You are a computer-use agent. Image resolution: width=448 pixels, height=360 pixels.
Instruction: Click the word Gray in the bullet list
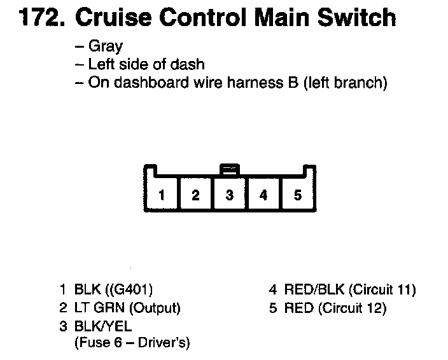pos(106,47)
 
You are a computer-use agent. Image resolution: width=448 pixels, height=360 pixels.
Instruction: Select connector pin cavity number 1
pos(162,195)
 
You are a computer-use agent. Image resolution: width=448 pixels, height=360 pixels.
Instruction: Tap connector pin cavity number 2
pos(196,195)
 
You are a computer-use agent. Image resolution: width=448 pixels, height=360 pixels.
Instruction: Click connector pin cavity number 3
pos(230,195)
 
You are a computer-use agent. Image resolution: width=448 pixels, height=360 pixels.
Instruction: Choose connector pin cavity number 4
pos(263,195)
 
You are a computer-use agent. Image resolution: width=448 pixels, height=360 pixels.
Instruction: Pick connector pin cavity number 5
pos(297,195)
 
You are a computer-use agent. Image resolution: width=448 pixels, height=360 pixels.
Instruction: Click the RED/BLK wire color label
pos(313,291)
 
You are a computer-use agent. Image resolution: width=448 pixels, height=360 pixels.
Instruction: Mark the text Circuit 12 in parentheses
pos(353,308)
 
